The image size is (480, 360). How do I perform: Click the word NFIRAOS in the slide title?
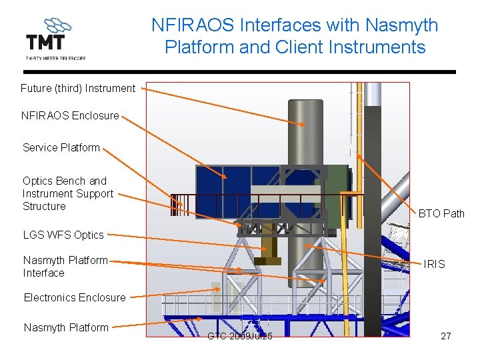[195, 25]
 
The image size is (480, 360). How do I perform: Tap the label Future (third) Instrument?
[78, 88]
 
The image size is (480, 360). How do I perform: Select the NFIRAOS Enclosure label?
[70, 115]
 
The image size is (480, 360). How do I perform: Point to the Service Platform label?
[61, 147]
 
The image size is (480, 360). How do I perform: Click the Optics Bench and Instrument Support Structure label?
[68, 193]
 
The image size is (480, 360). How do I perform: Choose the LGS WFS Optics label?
[63, 235]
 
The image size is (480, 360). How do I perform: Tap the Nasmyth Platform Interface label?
[65, 266]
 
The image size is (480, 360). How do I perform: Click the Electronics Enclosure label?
[75, 297]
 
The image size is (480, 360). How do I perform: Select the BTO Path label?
[441, 213]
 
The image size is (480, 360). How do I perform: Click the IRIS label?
[434, 264]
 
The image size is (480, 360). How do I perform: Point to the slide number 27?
[446, 336]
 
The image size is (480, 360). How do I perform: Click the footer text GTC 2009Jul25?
[240, 336]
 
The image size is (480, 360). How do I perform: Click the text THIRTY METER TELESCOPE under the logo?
[55, 58]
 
